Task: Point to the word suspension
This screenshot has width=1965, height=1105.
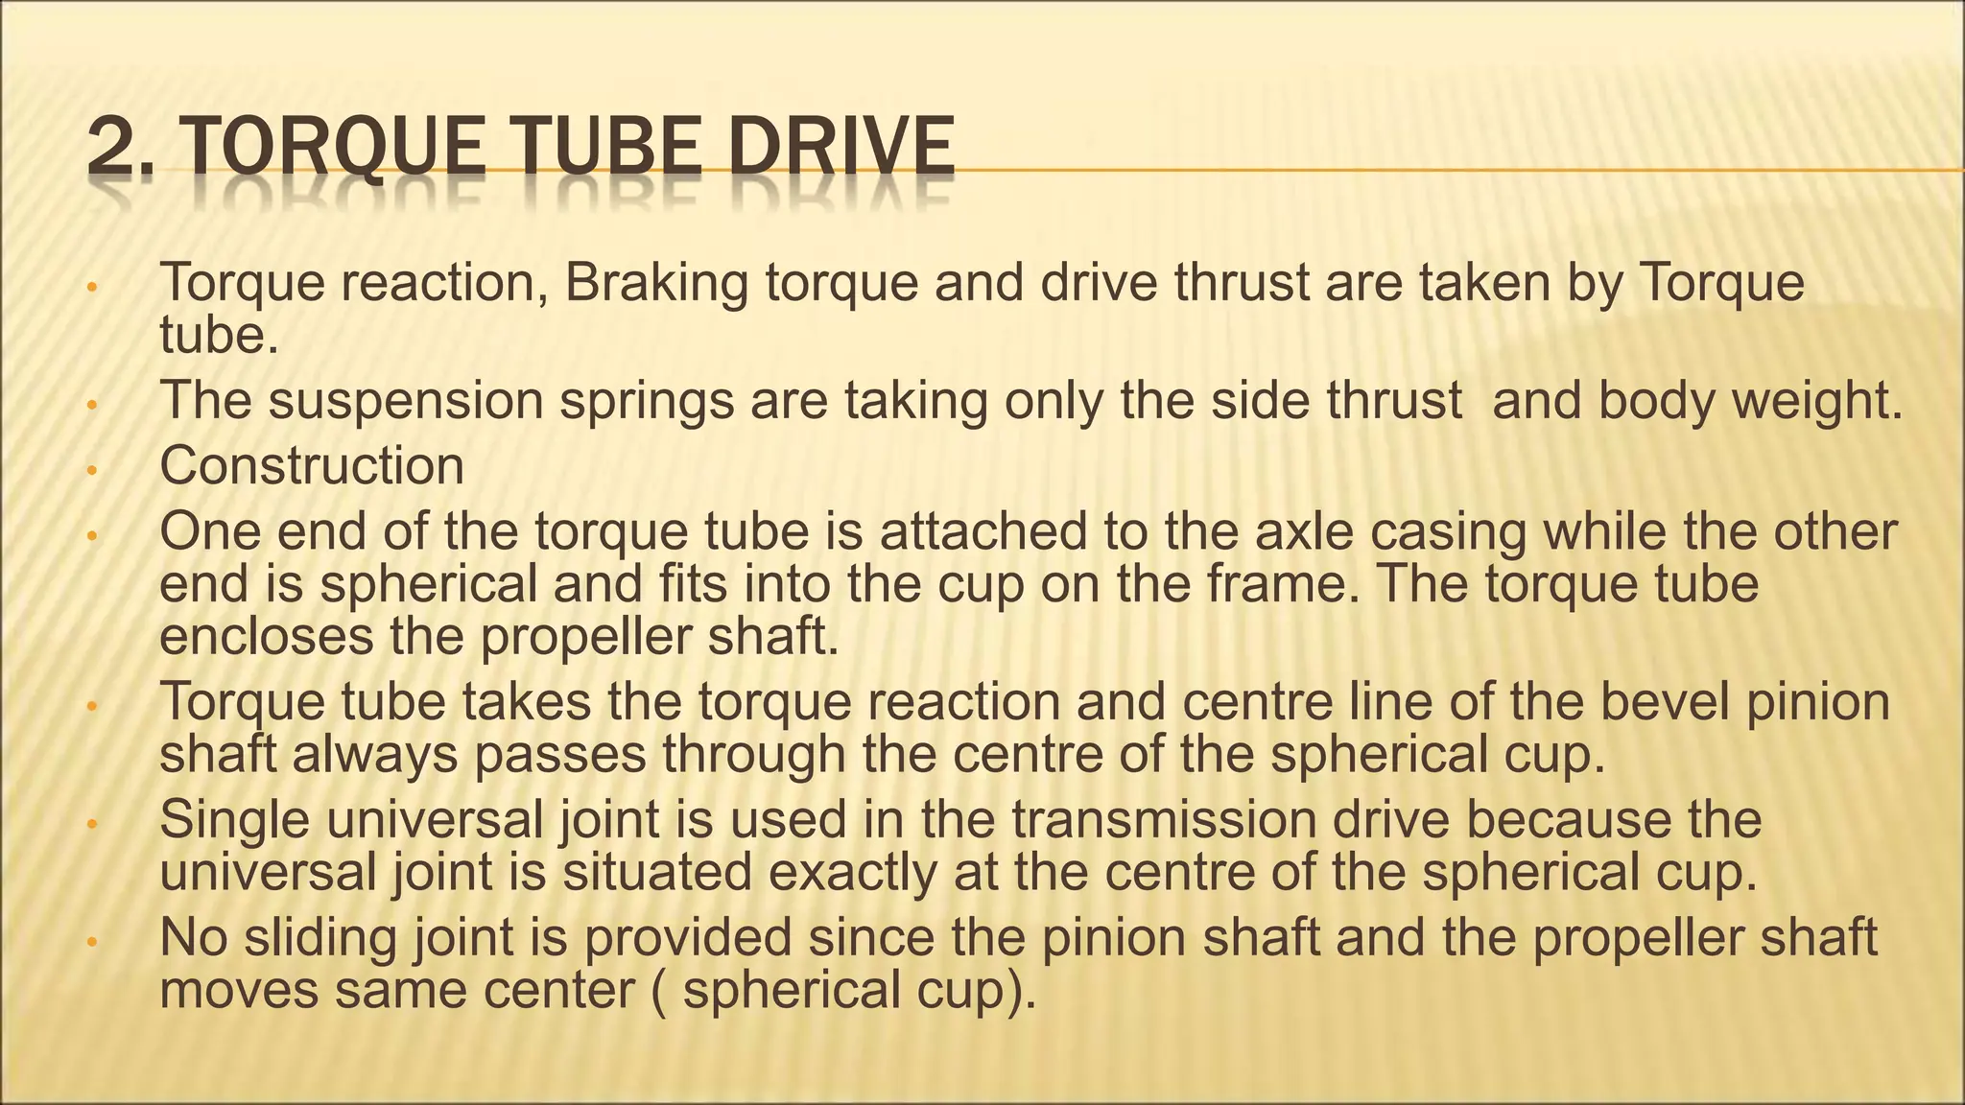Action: click(x=406, y=401)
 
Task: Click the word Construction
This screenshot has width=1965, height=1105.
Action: click(x=312, y=466)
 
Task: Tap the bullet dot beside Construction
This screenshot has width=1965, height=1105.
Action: click(x=91, y=471)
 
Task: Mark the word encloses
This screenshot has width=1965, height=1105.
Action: click(x=266, y=636)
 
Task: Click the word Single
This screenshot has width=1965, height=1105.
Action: click(x=234, y=821)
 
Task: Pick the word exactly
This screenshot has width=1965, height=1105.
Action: click(x=845, y=874)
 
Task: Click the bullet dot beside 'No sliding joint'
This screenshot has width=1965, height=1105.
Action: click(x=91, y=943)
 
